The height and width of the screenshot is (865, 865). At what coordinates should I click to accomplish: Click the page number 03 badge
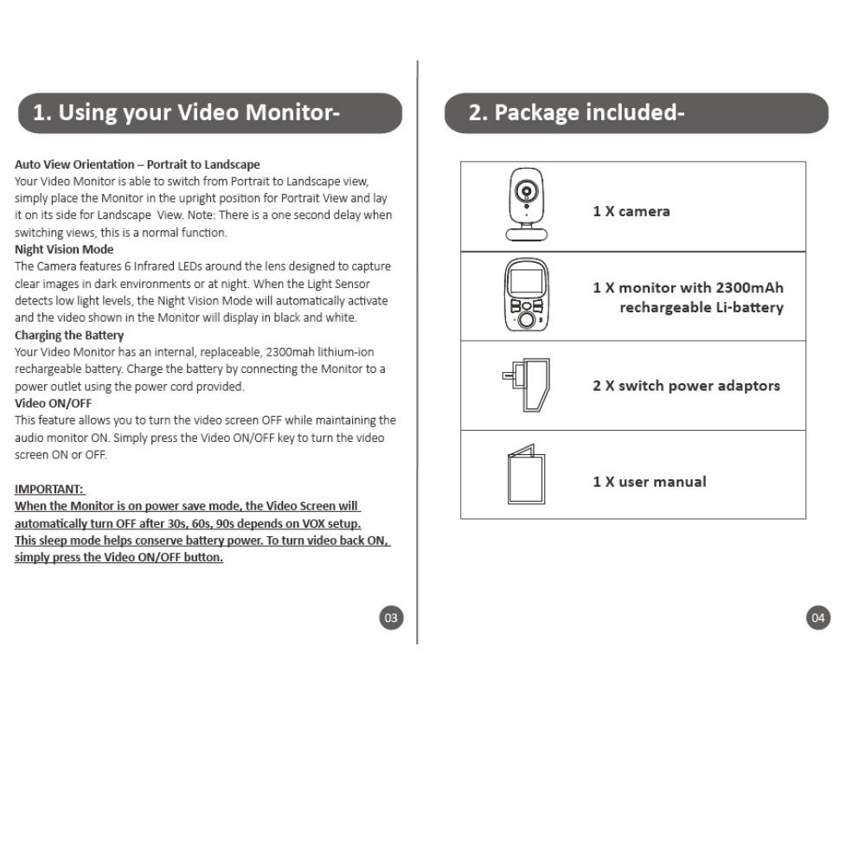391,618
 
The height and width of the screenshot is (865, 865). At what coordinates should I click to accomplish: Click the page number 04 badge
817,618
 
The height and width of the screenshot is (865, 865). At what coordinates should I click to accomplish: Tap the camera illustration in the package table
526,204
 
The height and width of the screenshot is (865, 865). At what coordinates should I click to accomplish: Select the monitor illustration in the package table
526,296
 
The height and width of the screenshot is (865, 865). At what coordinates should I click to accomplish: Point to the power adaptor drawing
527,385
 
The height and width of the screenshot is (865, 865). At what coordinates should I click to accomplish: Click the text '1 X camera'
631,211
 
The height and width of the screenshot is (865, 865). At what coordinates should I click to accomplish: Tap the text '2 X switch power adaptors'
686,386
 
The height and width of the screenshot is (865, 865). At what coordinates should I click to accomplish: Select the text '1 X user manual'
649,482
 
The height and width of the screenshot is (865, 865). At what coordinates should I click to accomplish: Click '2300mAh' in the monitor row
749,288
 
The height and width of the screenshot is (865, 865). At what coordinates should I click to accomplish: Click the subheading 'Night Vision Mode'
64,249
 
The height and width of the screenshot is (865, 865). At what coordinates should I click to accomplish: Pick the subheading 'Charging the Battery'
69,335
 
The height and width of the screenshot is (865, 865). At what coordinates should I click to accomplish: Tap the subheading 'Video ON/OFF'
53,403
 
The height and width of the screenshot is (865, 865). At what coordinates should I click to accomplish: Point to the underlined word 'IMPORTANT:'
49,489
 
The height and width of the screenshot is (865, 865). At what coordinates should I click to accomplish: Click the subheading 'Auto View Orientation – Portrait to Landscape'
137,164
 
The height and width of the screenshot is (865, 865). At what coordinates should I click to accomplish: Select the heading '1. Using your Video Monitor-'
186,112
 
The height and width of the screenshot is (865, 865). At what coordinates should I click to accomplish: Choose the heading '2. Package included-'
576,112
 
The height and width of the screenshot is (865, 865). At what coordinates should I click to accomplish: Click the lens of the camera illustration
525,192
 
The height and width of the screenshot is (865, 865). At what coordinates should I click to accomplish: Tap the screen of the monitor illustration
525,281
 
